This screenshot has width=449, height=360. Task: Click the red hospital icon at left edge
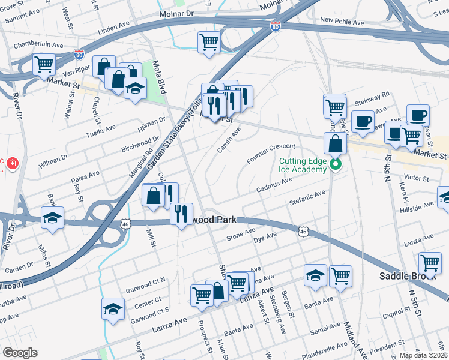pyautogui.click(x=11, y=163)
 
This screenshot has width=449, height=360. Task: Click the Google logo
pyautogui.click(x=19, y=353)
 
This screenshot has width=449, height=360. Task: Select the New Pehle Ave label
pyautogui.click(x=342, y=21)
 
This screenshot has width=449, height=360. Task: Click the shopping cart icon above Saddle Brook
pyautogui.click(x=430, y=262)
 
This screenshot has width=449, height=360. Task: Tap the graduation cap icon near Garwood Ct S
pyautogui.click(x=112, y=308)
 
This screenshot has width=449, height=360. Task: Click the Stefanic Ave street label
pyautogui.click(x=307, y=197)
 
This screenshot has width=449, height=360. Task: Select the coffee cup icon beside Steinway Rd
pyautogui.click(x=363, y=120)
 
